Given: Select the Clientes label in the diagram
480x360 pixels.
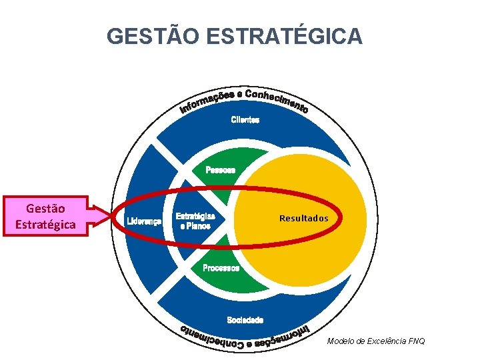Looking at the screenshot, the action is coord(245,120).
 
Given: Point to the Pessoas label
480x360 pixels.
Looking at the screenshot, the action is coord(220,170).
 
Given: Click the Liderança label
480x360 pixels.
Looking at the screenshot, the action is coord(144,221).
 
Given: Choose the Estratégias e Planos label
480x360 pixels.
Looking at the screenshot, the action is coord(195,221).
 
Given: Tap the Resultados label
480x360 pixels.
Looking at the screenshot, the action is coord(303,218).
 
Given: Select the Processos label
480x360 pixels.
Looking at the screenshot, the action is coord(221,268).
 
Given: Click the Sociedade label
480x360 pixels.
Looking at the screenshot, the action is coord(245,320).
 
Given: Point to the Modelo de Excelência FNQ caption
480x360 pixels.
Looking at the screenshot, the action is coord(375,341).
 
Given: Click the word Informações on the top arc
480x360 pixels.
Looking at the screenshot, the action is coord(205,101).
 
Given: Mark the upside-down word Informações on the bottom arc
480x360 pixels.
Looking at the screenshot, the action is coord(283,333).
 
